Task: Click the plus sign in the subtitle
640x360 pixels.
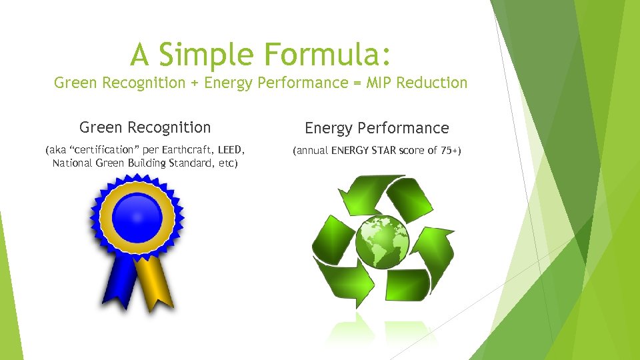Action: click(x=194, y=83)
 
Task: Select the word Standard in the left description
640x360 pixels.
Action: click(x=190, y=163)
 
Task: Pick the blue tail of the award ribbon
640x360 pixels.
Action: click(x=120, y=283)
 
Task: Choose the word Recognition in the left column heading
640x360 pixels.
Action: click(x=169, y=127)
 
